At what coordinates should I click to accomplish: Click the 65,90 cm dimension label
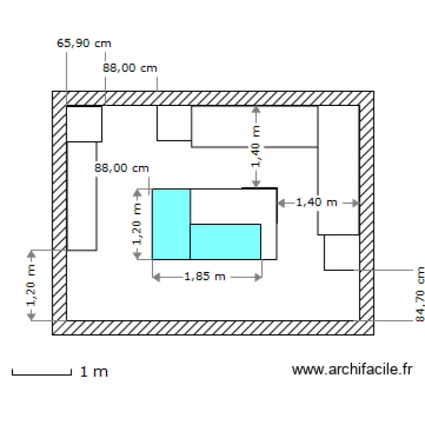[x=84, y=44]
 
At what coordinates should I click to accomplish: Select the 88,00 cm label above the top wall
[x=130, y=68]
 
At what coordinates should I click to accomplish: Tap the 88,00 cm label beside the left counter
[x=122, y=168]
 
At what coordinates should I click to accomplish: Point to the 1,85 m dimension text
[x=205, y=277]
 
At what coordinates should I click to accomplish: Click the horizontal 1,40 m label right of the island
[x=317, y=202]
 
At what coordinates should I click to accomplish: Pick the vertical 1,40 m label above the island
[x=256, y=147]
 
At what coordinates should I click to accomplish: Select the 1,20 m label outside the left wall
[x=31, y=285]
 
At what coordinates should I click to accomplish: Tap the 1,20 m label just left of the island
[x=137, y=224]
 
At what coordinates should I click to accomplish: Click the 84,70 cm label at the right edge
[x=420, y=294]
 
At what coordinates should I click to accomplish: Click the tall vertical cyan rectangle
[x=171, y=224]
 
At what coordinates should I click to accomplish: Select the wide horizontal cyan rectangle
[x=226, y=242]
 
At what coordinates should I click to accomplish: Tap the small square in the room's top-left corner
[x=84, y=124]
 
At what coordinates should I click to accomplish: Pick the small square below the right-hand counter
[x=342, y=253]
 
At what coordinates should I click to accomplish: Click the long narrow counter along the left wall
[x=82, y=196]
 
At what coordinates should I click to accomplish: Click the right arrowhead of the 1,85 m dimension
[x=258, y=277]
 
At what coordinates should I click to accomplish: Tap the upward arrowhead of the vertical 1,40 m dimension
[x=256, y=109]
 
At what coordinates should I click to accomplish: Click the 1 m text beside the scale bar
[x=94, y=372]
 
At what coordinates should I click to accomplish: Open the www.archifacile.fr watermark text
[x=352, y=369]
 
